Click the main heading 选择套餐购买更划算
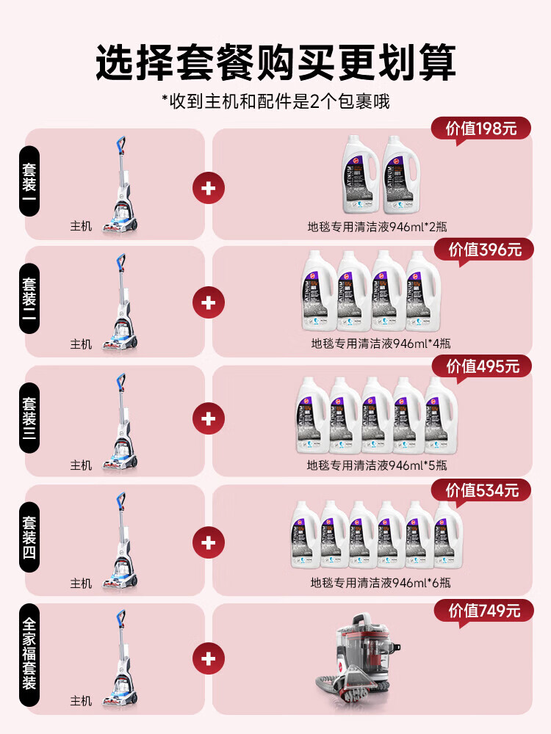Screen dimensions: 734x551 coord(275,62)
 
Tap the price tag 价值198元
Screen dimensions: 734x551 coord(480,129)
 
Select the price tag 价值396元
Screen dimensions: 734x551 coord(485,250)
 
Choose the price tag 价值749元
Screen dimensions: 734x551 coord(484,610)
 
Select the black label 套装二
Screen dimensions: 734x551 coord(28,301)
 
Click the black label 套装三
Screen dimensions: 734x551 coord(28,419)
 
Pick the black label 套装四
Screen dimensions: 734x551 coord(28,539)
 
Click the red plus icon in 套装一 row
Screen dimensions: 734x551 coord(208,189)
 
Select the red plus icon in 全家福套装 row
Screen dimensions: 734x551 coord(208,658)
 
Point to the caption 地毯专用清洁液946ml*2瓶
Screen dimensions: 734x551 coord(373,227)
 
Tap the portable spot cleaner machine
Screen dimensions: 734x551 coord(356,655)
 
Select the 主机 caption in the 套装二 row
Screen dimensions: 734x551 coord(81,344)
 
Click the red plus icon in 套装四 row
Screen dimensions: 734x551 coord(208,543)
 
